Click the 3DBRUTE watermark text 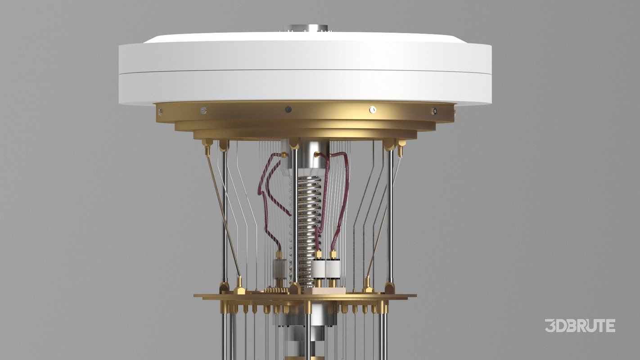click(x=580, y=325)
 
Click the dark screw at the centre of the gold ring click(x=288, y=109)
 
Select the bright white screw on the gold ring click(x=373, y=109)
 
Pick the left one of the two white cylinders click(x=319, y=269)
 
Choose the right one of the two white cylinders click(x=334, y=269)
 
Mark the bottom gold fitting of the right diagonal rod click(x=368, y=284)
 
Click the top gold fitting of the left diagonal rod click(x=207, y=144)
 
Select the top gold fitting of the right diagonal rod click(x=400, y=144)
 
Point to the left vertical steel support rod click(x=225, y=216)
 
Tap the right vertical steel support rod click(x=390, y=216)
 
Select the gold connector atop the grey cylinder click(x=279, y=255)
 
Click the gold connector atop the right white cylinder click(x=333, y=255)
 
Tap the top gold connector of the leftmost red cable click(x=284, y=155)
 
